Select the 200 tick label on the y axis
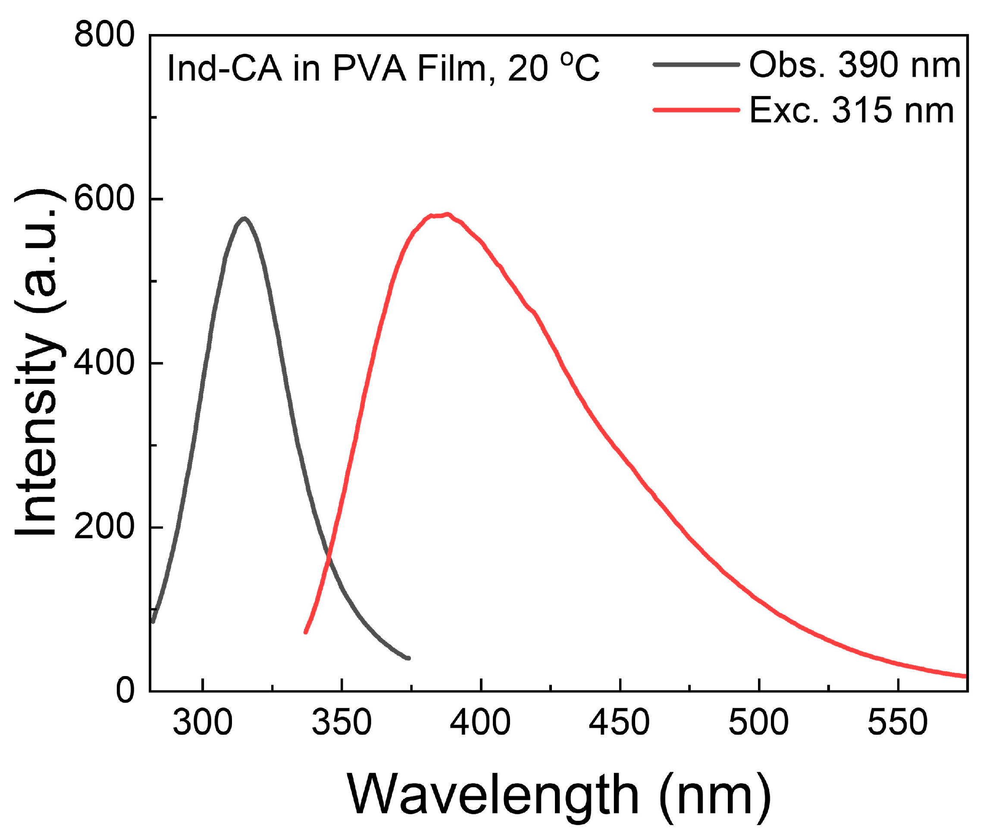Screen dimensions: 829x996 pyautogui.click(x=104, y=527)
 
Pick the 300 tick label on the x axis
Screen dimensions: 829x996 pyautogui.click(x=203, y=722)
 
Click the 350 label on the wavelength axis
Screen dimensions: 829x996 pyautogui.click(x=341, y=722)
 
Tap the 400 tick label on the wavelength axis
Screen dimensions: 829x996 pyautogui.click(x=480, y=722)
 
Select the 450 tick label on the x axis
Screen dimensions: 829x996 pyautogui.click(x=620, y=722)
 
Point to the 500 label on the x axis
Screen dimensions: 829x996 pyautogui.click(x=759, y=722)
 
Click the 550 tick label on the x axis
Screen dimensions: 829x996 pyautogui.click(x=897, y=722)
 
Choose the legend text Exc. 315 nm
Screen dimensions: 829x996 pyautogui.click(x=851, y=110)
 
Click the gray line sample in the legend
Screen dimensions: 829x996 pyautogui.click(x=696, y=65)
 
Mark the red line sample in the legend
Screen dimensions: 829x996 pyautogui.click(x=696, y=110)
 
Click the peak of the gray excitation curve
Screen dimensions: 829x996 pyautogui.click(x=244, y=218)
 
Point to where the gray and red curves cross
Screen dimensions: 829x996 pyautogui.click(x=328, y=554)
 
